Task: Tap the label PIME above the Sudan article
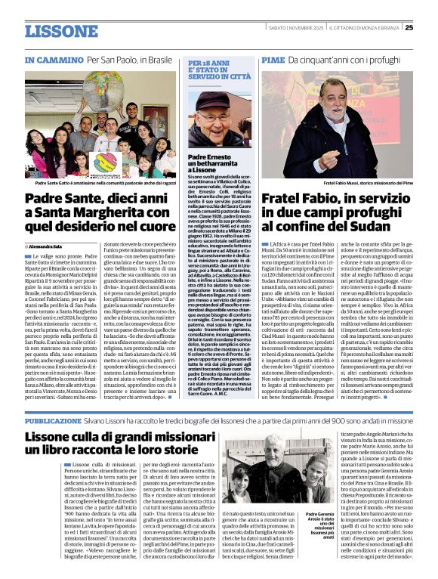pyautogui.click(x=273, y=59)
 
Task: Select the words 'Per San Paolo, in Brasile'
pyautogui.click(x=128, y=59)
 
